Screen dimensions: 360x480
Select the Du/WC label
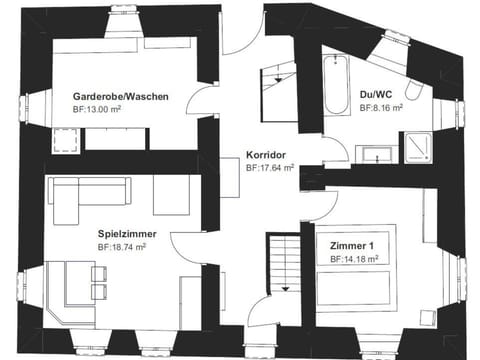pyautogui.click(x=376, y=96)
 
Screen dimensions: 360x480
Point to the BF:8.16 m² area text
pyautogui.click(x=380, y=108)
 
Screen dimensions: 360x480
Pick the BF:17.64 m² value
pyautogui.click(x=270, y=168)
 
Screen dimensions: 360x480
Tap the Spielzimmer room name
pyautogui.click(x=127, y=233)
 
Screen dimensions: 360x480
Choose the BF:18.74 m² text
pyautogui.click(x=122, y=246)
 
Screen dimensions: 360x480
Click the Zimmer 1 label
pyautogui.click(x=351, y=245)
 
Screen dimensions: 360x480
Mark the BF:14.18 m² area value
pyautogui.click(x=355, y=258)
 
